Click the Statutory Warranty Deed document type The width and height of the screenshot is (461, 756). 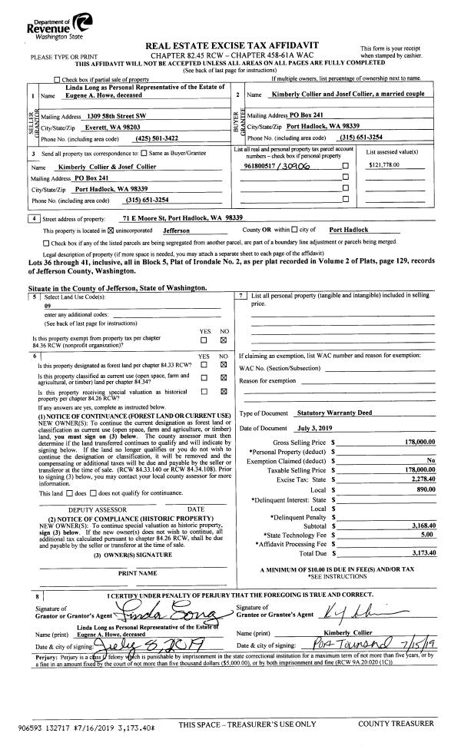[333, 413]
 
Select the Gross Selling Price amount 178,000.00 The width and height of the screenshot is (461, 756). [420, 442]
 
